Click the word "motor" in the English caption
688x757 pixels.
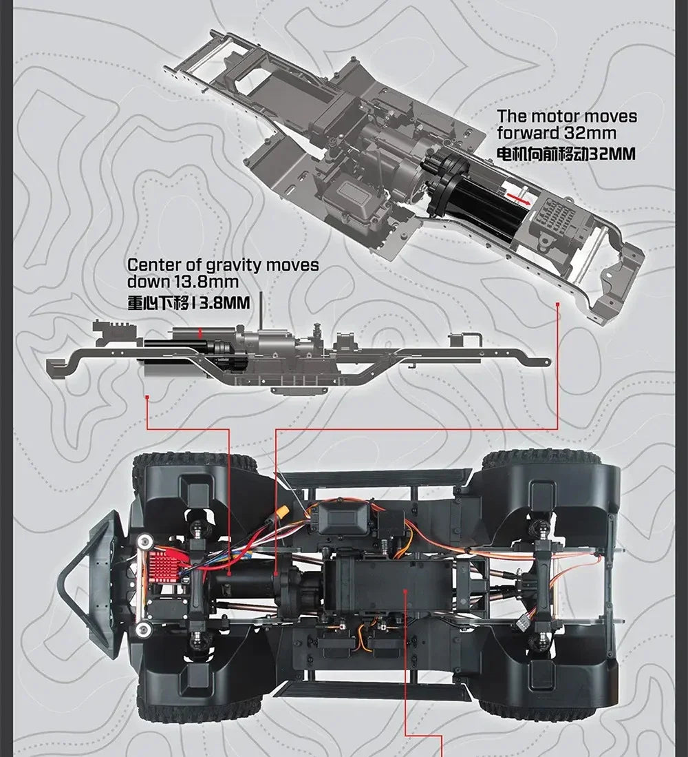552,117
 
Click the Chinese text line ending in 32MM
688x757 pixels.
566,154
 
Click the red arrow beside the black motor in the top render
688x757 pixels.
518,199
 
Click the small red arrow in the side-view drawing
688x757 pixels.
200,333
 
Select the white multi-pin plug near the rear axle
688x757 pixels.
522,623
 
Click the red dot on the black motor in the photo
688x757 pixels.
228,574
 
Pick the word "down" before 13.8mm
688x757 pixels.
153,282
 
